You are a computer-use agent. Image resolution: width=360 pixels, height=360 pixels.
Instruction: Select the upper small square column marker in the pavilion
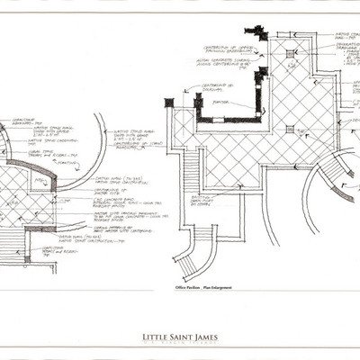coord(290,54)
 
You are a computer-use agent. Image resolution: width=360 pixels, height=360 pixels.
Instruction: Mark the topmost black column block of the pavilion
coord(258,32)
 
